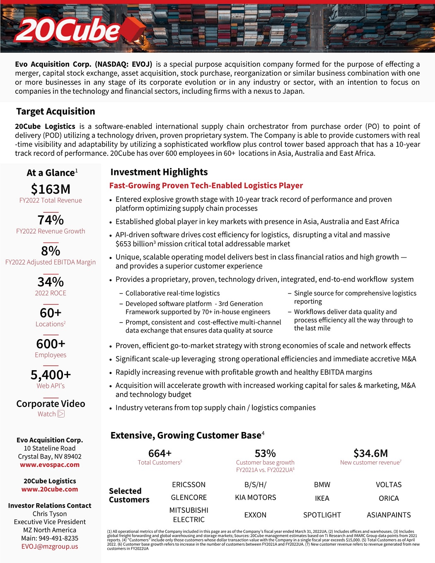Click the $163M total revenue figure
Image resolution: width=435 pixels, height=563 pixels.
click(51, 189)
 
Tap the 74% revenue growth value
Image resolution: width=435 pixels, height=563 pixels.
click(51, 220)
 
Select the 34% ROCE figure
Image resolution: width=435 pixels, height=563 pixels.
click(51, 282)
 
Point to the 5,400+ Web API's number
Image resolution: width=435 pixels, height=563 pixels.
click(51, 375)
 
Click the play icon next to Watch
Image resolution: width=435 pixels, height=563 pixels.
click(61, 414)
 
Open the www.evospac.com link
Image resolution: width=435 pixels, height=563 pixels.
click(50, 465)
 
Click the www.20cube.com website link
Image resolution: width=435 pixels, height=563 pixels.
click(50, 489)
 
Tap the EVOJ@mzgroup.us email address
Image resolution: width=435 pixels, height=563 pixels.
click(50, 546)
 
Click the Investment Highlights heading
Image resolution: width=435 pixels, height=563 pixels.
click(159, 172)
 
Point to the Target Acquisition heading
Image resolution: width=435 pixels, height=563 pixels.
click(56, 112)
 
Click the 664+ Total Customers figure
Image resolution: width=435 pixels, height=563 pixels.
click(160, 453)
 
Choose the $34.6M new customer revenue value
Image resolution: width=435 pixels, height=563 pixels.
click(371, 453)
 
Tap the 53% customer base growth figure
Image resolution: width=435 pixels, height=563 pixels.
click(265, 453)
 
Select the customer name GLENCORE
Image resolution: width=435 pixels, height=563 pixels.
click(189, 497)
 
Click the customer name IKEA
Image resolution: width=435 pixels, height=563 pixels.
click(322, 498)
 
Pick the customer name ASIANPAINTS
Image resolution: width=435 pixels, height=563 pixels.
click(389, 515)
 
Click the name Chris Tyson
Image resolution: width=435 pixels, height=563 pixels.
click(50, 514)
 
